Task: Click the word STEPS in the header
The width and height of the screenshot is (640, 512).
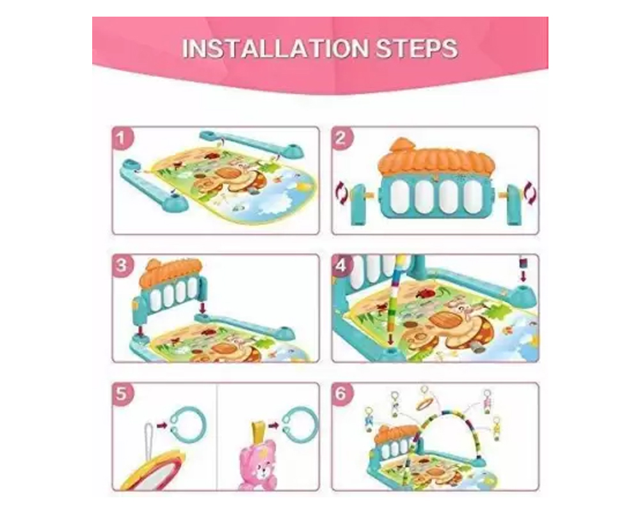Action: [417, 49]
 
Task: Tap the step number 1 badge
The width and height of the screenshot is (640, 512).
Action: [121, 138]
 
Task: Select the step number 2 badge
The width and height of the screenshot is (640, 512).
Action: [341, 138]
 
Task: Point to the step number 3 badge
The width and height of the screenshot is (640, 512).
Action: [121, 266]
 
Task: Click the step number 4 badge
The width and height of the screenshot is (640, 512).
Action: [341, 266]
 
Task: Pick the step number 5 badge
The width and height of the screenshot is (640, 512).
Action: [121, 394]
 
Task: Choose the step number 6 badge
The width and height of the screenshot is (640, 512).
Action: [341, 394]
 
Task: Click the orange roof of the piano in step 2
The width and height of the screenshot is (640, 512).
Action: [436, 156]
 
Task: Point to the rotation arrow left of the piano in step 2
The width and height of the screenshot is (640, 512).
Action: [341, 193]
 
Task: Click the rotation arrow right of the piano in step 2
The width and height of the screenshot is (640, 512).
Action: [530, 193]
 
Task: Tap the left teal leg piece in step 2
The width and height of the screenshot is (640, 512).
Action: [358, 205]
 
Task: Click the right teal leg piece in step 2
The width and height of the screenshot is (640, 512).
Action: [513, 205]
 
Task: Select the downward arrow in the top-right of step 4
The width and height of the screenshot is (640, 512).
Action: [524, 269]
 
